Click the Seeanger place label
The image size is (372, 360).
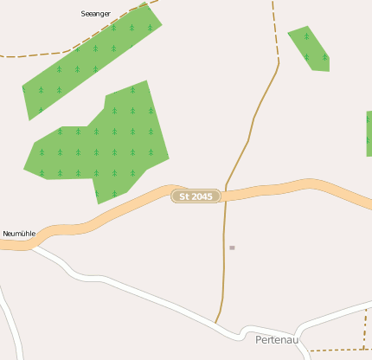[x=95, y=14]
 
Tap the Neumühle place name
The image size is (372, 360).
[x=18, y=234]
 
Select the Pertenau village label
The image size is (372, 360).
[x=277, y=340]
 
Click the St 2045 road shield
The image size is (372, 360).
[x=196, y=197]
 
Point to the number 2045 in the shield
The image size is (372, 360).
[x=202, y=197]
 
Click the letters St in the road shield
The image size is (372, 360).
[x=183, y=197]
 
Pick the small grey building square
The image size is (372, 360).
[x=232, y=247]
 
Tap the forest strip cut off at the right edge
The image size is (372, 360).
[x=369, y=133]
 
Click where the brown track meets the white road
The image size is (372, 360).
[x=216, y=323]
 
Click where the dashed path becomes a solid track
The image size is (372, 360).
[x=279, y=62]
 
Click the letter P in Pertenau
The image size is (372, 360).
[x=260, y=340]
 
